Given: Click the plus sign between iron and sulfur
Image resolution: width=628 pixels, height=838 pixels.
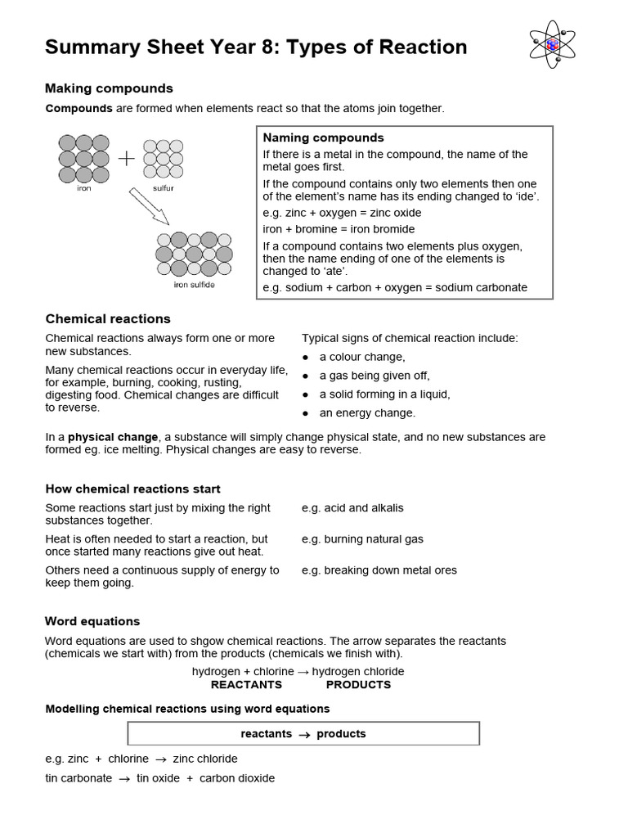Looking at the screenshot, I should [126, 159].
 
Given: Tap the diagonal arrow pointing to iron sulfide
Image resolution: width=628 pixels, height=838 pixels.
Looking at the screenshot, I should [148, 205].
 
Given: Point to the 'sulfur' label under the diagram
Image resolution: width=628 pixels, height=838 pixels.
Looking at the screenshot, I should [163, 188].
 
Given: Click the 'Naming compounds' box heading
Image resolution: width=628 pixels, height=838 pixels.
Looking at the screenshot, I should [323, 137].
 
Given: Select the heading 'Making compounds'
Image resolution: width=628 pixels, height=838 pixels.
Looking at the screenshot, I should [109, 88].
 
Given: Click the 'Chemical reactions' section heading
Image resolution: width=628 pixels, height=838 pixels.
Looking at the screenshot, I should [108, 318].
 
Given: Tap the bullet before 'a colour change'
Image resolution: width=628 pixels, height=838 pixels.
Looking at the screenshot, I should [306, 358].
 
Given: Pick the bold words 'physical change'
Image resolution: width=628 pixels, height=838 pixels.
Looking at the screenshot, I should [113, 437].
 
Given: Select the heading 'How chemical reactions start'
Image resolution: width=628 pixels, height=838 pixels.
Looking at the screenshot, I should [132, 489].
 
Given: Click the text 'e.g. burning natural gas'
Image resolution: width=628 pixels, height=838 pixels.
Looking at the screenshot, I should [362, 539].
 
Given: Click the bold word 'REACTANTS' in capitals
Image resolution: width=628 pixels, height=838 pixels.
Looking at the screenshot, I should [246, 684].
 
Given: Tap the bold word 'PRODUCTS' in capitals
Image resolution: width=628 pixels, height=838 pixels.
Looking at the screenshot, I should [358, 684].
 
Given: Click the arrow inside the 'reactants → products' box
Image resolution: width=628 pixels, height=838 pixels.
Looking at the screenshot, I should [304, 735].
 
